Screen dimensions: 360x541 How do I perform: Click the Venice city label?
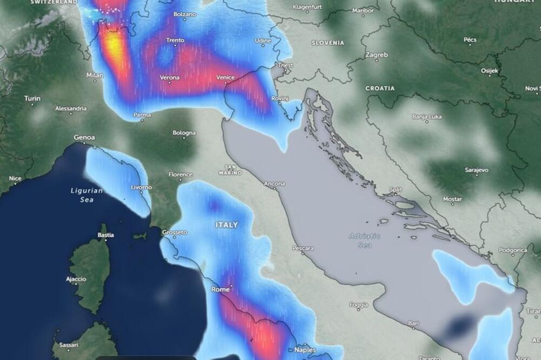coord(225,77)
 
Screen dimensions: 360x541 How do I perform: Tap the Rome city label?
coord(220,289)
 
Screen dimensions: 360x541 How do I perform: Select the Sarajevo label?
coord(477,170)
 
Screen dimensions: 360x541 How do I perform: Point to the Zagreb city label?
coord(377,55)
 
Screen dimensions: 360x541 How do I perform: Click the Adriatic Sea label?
coord(365,240)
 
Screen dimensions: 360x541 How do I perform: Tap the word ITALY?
coord(227,224)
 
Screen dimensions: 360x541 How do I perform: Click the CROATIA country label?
coord(380,88)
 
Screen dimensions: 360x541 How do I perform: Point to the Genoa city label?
coord(84,137)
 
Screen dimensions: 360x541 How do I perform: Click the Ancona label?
coord(274,184)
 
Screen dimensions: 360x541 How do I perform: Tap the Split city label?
coord(395,190)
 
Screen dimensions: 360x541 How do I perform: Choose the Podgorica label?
coord(512,250)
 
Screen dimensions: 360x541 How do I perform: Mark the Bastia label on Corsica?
coord(105,235)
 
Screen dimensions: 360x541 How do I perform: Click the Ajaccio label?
coord(76,279)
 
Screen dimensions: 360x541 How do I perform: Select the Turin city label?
coord(32,98)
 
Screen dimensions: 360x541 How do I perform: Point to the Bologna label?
coord(184,132)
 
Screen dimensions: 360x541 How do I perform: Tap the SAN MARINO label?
coord(230,170)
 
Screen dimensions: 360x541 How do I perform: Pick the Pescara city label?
coord(302,248)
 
